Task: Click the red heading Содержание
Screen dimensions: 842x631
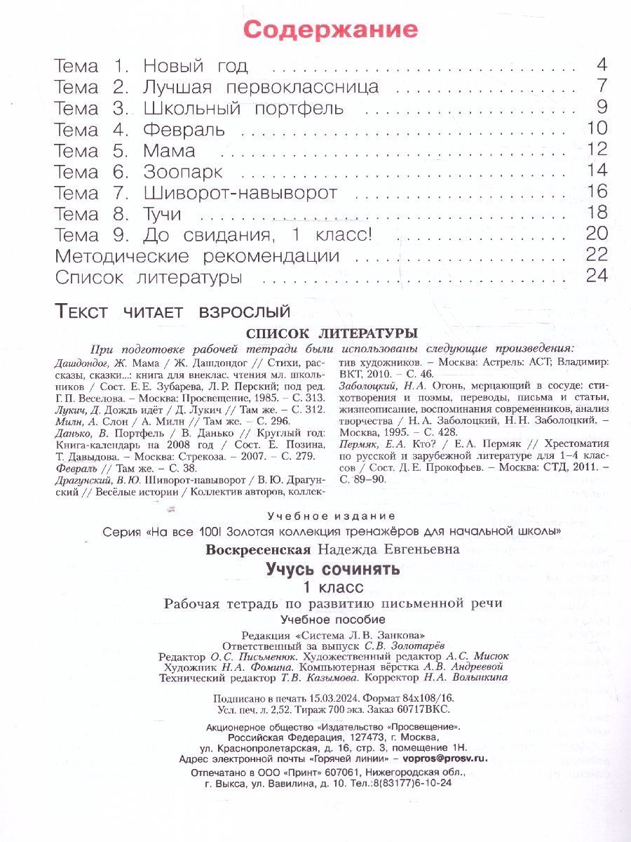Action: point(330,29)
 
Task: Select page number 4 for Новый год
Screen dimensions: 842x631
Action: point(601,66)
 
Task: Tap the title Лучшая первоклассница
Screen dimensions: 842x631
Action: point(261,87)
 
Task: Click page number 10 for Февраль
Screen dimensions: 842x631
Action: point(596,129)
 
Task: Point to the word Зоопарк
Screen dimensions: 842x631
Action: point(182,171)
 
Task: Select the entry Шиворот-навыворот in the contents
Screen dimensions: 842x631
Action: point(240,192)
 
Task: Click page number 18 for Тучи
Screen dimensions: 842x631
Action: point(596,213)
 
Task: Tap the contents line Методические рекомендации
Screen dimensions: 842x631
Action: point(196,256)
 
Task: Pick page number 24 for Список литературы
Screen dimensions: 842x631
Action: point(596,276)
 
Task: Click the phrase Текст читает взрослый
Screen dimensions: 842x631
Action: point(172,310)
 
